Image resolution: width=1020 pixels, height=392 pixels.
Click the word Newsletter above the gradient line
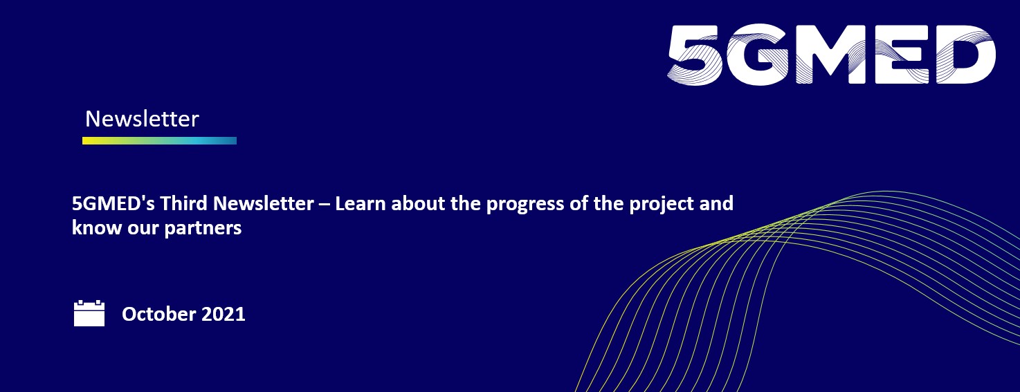coord(142,119)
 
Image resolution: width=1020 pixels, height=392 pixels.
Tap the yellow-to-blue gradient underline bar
coord(159,141)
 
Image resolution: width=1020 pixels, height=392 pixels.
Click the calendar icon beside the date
coord(89,313)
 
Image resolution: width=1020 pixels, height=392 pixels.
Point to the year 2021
coord(223,315)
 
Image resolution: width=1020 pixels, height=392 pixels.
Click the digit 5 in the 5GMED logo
coord(695,55)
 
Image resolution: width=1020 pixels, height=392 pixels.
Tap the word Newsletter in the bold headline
coord(264,203)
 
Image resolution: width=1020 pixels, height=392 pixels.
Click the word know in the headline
coord(97,227)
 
